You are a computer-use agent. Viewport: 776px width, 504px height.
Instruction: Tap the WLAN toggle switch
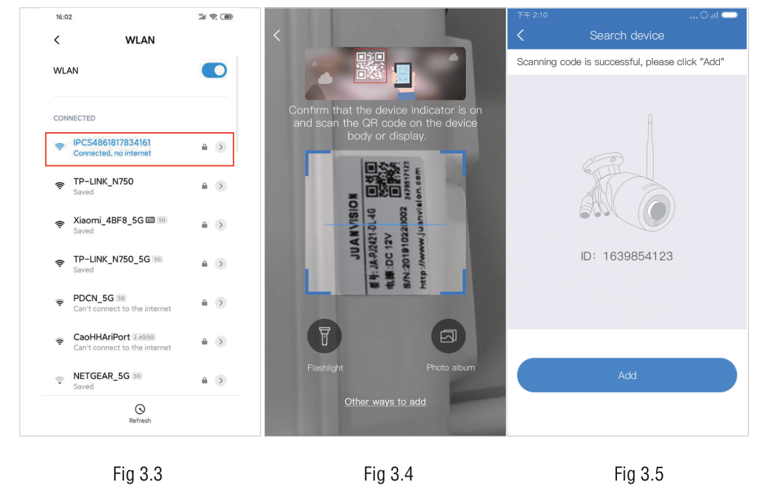tap(214, 70)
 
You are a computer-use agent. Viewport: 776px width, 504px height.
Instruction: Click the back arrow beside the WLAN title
tap(57, 40)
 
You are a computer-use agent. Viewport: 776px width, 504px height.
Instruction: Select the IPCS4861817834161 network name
tap(112, 143)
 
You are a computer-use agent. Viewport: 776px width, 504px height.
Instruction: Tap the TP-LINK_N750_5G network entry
tap(112, 259)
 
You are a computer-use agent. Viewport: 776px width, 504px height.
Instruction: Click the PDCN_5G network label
tap(94, 298)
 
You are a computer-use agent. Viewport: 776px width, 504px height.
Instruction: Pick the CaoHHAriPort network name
tap(102, 337)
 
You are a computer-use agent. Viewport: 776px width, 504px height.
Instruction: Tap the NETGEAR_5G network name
tap(102, 376)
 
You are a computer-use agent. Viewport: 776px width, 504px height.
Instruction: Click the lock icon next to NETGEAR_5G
tap(205, 380)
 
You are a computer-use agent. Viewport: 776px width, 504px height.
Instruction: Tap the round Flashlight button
tap(324, 336)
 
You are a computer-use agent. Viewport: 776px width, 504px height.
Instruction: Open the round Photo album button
tap(448, 336)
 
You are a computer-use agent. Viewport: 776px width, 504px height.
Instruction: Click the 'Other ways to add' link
tap(385, 402)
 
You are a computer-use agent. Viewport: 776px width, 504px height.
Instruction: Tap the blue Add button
tap(627, 375)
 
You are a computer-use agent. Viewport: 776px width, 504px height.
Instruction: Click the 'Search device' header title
tap(627, 36)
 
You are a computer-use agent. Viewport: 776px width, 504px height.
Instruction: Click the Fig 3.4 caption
tap(388, 474)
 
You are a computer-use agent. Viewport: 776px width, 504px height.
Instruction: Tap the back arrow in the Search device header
tap(521, 35)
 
